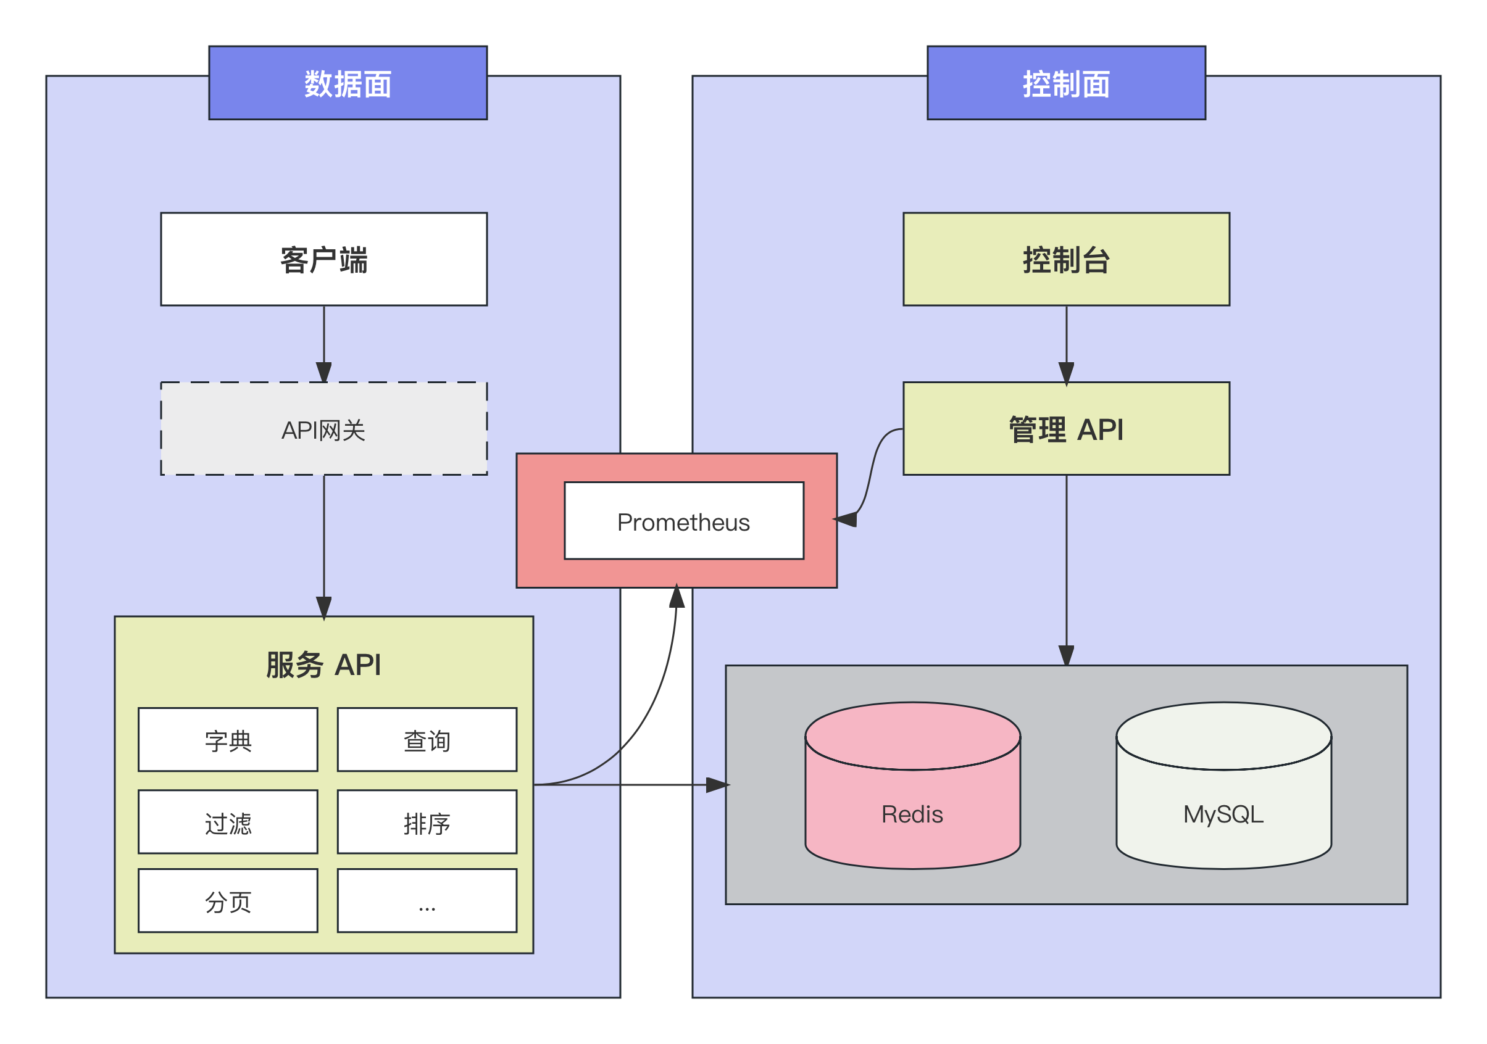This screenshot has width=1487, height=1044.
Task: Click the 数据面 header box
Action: (x=348, y=83)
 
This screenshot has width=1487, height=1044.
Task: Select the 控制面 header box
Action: (x=1066, y=83)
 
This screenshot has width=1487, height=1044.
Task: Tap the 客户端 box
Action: (x=324, y=259)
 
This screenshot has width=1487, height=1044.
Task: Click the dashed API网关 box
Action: (x=324, y=429)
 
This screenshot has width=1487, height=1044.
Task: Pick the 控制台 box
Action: (x=1066, y=259)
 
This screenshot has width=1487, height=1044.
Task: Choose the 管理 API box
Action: (x=1066, y=429)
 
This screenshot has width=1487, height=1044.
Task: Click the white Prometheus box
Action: (x=684, y=521)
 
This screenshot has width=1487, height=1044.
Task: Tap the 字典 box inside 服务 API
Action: (x=228, y=740)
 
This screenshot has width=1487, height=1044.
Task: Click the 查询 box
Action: (x=427, y=740)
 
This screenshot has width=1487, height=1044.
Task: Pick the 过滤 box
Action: (x=228, y=822)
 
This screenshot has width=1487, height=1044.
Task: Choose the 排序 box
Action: (x=427, y=822)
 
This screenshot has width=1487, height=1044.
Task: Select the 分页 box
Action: (x=228, y=901)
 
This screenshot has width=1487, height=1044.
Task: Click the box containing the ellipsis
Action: (x=427, y=901)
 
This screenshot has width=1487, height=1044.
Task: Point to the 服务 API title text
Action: (x=324, y=665)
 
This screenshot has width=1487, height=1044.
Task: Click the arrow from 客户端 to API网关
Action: (x=324, y=343)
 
